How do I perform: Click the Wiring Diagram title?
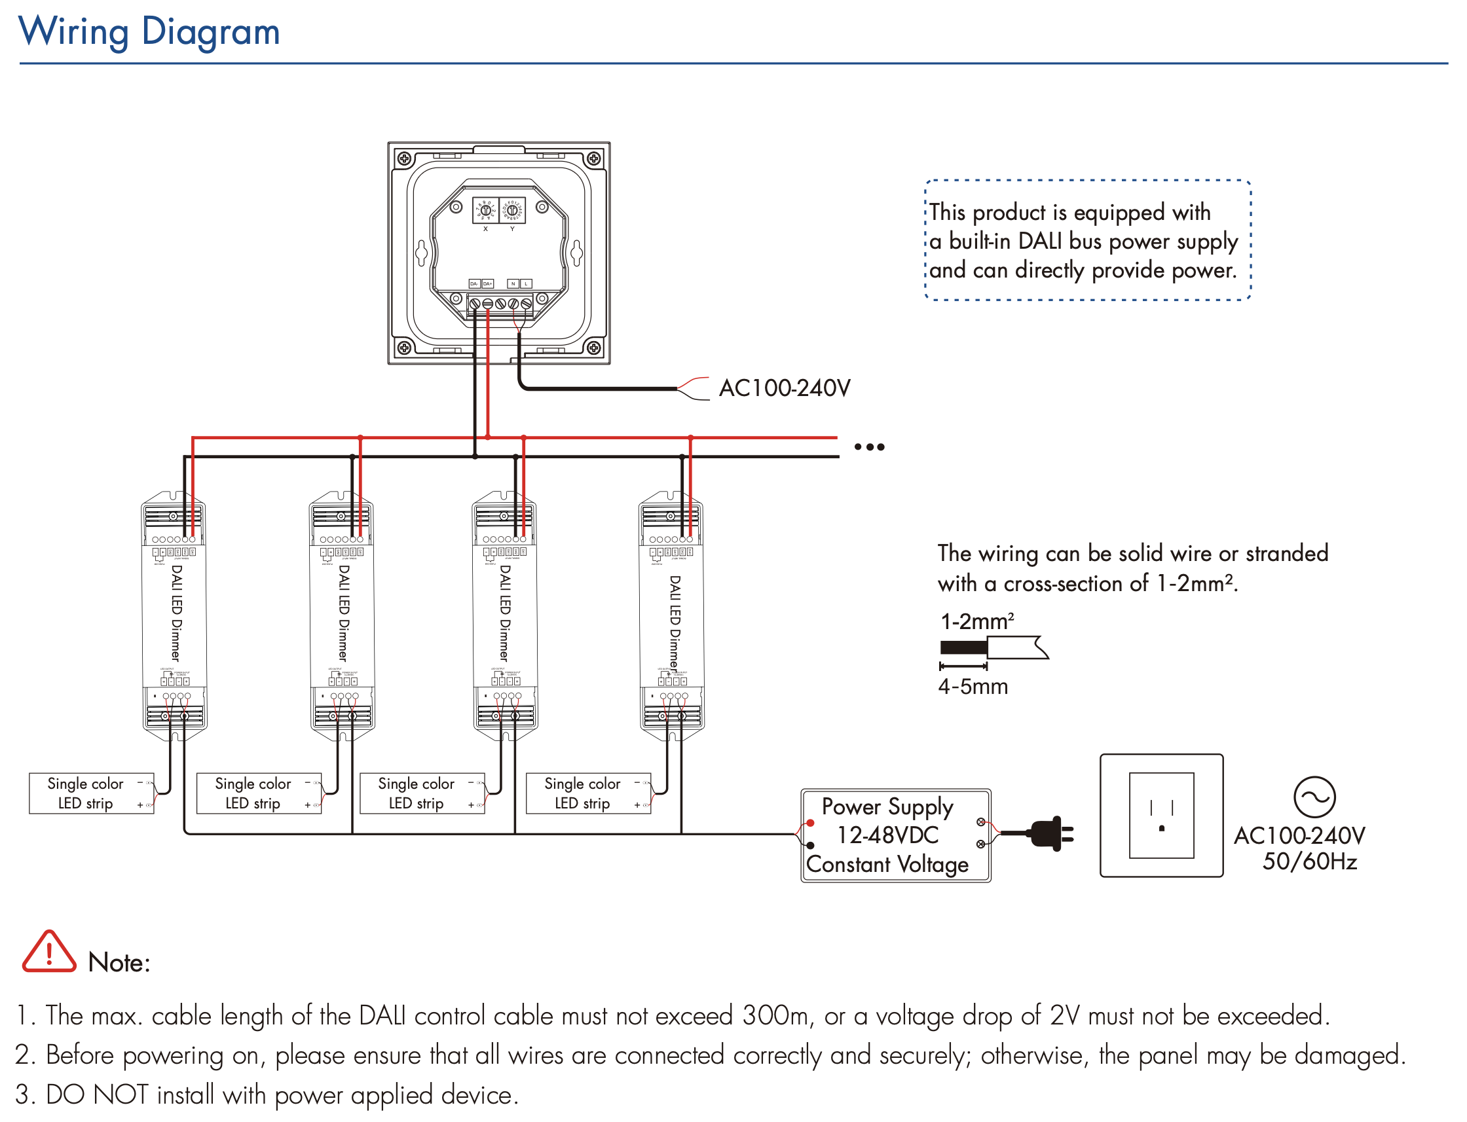(x=149, y=31)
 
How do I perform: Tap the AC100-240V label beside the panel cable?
(x=785, y=388)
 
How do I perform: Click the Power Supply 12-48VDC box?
(x=895, y=835)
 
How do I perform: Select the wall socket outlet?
(x=1161, y=816)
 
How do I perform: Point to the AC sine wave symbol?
(x=1314, y=797)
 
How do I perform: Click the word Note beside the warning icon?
(x=119, y=963)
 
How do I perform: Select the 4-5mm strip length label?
(x=973, y=687)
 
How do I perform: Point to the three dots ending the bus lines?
(x=869, y=448)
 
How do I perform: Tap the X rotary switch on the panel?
(x=486, y=210)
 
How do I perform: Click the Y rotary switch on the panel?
(x=511, y=210)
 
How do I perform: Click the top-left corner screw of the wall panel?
(x=404, y=159)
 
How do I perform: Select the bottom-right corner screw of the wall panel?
(x=593, y=348)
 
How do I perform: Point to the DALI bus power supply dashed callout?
(x=1088, y=240)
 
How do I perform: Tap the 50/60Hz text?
(x=1309, y=861)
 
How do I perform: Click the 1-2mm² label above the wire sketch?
(x=976, y=622)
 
